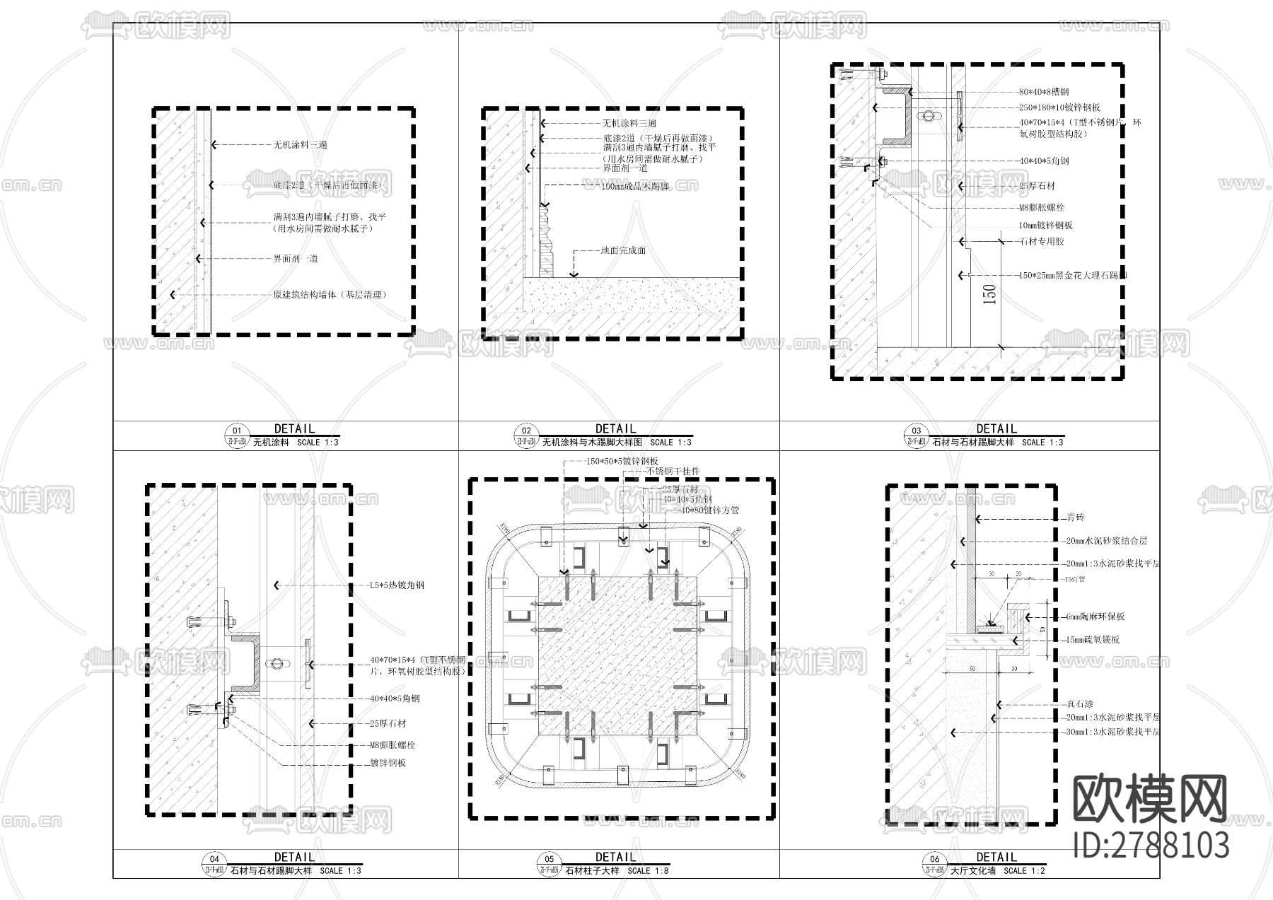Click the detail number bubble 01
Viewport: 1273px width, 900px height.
237,431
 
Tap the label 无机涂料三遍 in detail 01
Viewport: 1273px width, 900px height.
300,145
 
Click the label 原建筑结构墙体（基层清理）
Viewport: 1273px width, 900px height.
330,295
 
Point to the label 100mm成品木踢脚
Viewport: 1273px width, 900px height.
635,186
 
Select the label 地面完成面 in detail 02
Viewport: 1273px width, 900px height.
623,250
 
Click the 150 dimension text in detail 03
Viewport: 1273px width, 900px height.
989,294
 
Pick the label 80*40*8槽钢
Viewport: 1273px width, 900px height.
1044,92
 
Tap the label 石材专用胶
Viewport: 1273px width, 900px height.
1042,242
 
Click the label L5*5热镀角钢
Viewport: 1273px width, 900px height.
397,585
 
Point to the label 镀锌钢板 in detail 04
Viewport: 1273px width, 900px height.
388,764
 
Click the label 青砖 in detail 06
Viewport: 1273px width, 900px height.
1076,518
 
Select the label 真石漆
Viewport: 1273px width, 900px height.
1080,704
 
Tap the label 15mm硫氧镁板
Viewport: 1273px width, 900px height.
1094,640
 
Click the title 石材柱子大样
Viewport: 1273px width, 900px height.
592,871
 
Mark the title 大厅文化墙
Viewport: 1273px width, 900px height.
972,871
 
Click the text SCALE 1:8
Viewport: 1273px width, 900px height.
649,871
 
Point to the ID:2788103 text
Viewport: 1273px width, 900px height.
1150,846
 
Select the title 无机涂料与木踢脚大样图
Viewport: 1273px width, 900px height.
592,443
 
